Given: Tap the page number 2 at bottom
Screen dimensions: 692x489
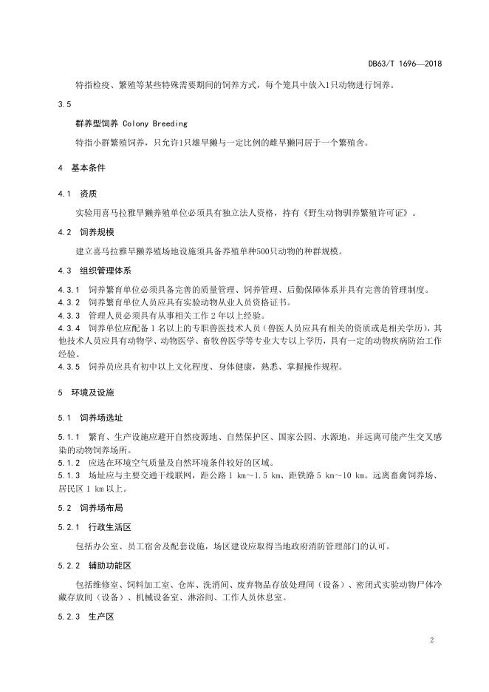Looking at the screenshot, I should (430, 640).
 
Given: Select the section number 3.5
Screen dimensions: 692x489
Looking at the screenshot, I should (64, 104).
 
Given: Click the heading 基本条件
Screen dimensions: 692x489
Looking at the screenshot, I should (88, 168).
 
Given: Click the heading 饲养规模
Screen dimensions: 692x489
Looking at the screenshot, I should (96, 232).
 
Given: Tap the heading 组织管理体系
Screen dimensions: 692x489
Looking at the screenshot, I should (104, 270).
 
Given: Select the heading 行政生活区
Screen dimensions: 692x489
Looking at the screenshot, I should (109, 527).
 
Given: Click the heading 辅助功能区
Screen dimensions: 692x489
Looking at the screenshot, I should (109, 566).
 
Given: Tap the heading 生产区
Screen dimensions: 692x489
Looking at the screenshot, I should (100, 616).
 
